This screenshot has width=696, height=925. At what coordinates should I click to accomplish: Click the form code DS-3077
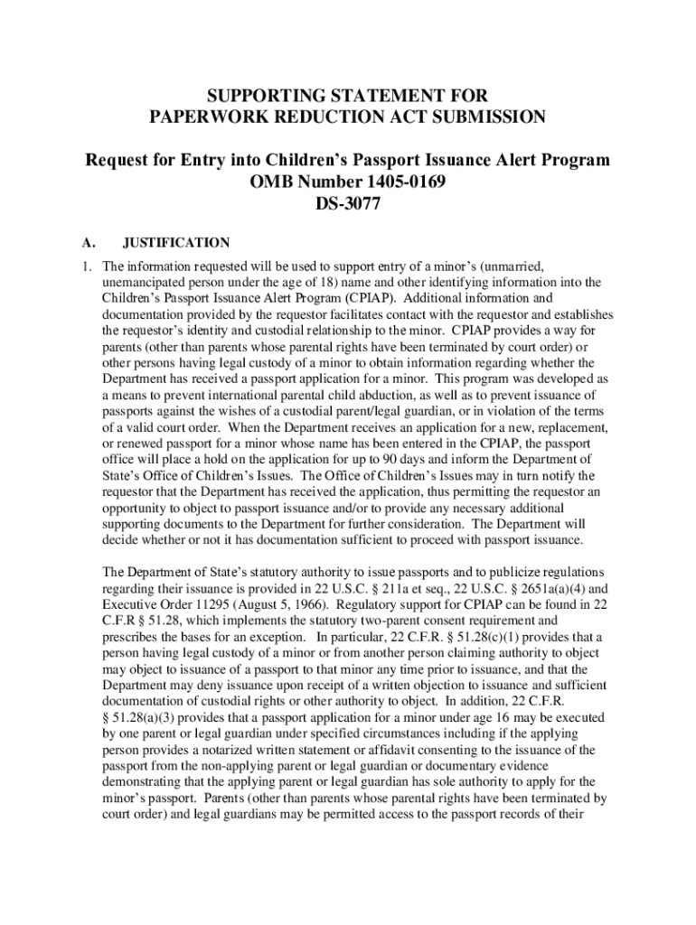pyautogui.click(x=347, y=204)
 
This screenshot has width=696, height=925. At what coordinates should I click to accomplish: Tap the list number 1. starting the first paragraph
pyautogui.click(x=85, y=266)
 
